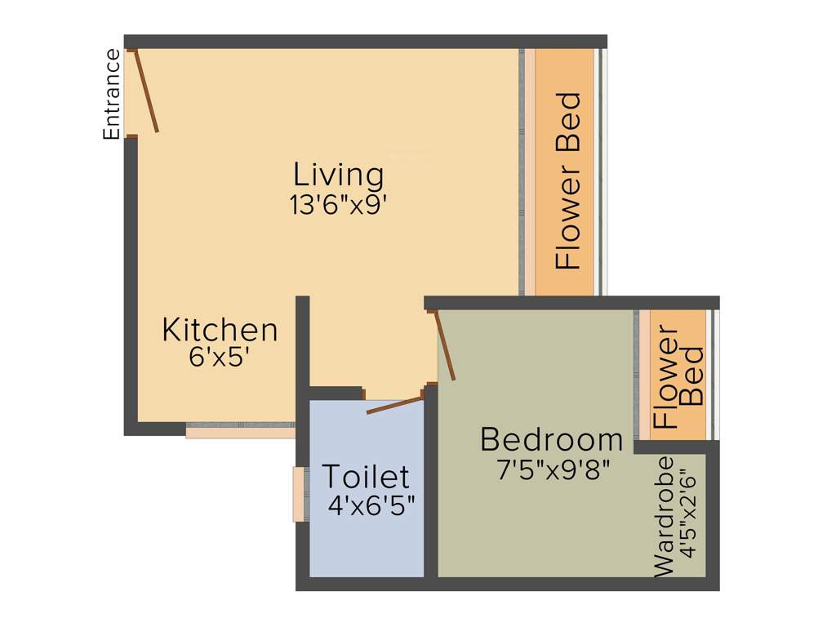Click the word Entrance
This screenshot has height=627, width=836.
click(112, 95)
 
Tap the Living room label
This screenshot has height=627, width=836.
click(338, 175)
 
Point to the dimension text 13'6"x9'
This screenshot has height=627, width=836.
click(337, 204)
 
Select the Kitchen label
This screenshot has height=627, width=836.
click(220, 331)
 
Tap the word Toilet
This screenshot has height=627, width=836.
click(366, 476)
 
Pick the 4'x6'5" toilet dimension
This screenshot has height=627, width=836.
click(371, 505)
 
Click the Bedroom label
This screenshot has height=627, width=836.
click(551, 440)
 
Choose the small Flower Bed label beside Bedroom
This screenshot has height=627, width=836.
click(679, 377)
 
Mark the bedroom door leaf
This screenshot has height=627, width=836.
click(446, 346)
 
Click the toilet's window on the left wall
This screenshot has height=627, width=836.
click(300, 494)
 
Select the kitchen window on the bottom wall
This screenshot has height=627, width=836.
click(240, 429)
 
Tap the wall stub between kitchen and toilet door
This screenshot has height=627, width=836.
click(302, 343)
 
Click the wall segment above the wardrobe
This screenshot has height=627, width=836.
click(674, 447)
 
